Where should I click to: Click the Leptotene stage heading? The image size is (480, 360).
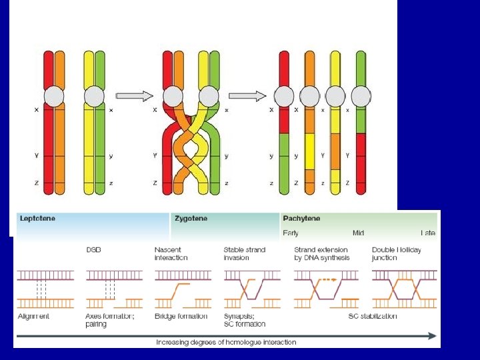pos(37,219)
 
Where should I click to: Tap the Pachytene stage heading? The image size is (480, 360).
pos(301,219)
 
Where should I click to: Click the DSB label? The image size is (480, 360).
pos(93,250)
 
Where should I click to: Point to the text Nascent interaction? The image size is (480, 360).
pos(171,254)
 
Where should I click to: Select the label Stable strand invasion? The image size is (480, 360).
pos(244,254)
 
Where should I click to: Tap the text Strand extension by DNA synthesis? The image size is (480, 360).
pos(321,254)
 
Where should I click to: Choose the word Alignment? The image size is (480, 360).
pos(33,316)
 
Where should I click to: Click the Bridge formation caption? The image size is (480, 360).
pos(181,316)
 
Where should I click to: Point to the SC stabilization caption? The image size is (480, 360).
pos(373,316)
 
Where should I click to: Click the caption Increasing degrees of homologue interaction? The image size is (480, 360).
pos(226,342)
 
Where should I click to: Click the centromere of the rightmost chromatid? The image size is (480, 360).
pos(361,97)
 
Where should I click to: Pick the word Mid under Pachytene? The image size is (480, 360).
pos(359,233)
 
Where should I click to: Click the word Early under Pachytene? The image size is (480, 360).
pos(291,233)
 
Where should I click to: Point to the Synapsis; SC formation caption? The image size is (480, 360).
pos(244,320)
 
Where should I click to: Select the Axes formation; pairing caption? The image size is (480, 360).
pos(109,320)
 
